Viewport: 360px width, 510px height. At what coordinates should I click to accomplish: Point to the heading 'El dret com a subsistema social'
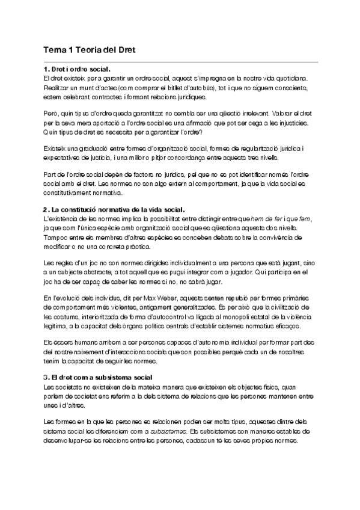pos(102,376)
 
